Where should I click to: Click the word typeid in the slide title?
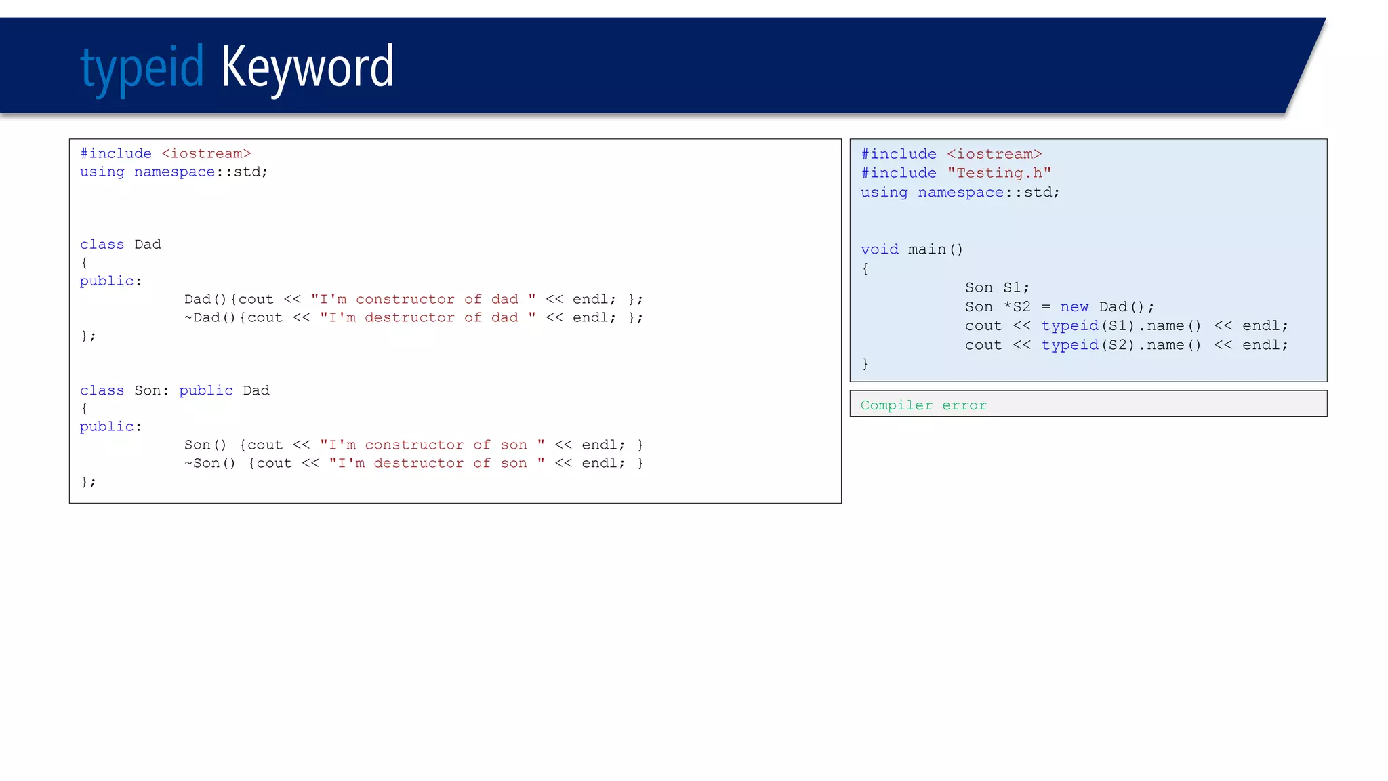142,68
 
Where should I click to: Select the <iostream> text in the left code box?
206,154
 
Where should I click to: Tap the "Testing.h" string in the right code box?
999,174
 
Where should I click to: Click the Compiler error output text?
923,405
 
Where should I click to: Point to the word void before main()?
879,249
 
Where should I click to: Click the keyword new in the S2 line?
1074,307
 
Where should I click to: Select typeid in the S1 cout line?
1069,326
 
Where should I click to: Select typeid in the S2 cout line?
1069,345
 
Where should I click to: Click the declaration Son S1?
997,288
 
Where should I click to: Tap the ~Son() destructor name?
210,464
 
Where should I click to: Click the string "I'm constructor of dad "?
423,300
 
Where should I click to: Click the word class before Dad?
102,245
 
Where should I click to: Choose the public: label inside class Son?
110,427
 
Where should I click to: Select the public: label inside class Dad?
110,281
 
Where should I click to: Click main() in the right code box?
935,249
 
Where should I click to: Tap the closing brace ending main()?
865,364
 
